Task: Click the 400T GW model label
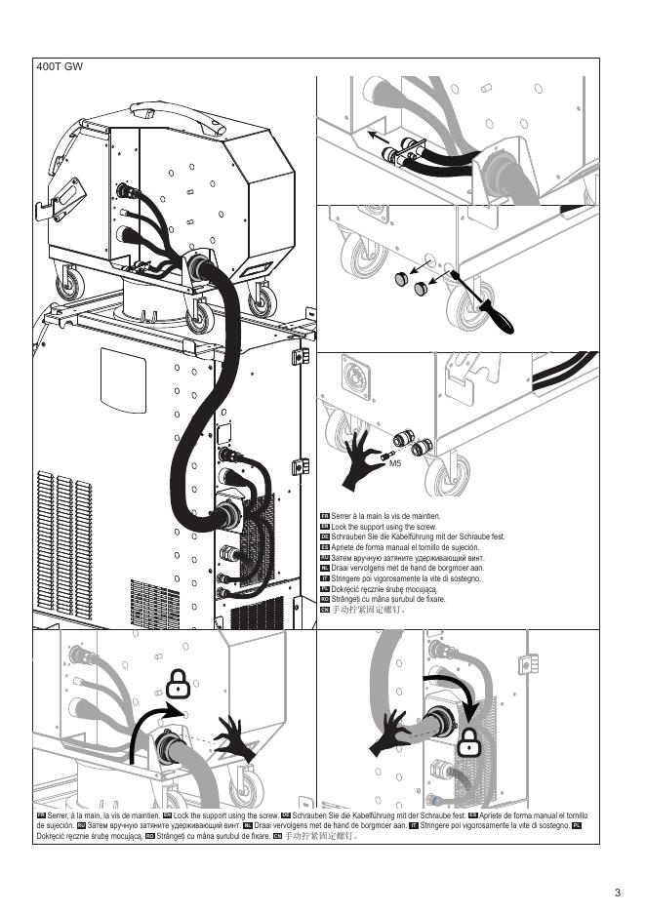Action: (60, 66)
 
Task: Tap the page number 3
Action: (618, 893)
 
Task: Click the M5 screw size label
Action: (395, 463)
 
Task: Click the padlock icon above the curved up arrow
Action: (179, 684)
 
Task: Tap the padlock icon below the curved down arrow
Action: (468, 742)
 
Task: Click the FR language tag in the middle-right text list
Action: (325, 516)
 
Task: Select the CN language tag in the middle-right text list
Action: (325, 610)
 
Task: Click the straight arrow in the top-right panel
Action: (378, 138)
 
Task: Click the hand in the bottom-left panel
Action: (235, 739)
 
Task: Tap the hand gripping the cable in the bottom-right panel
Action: (391, 733)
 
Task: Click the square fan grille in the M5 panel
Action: (355, 377)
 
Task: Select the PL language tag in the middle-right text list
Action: (325, 589)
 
